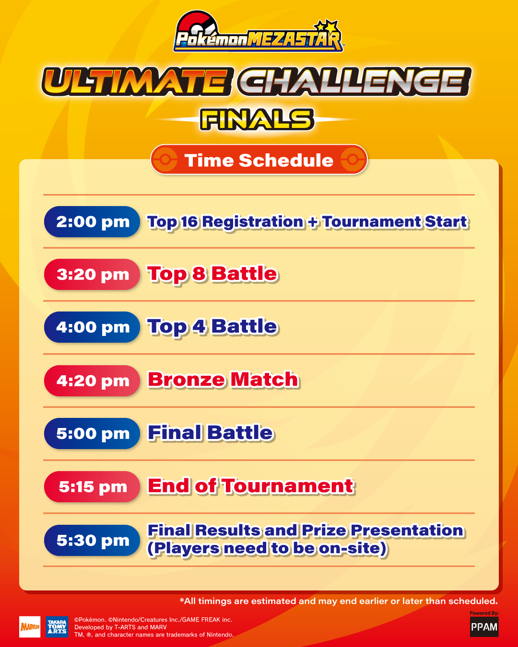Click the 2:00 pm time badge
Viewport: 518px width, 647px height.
point(92,222)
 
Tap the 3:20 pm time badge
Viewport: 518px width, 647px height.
point(92,275)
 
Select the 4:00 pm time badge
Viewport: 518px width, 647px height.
point(92,327)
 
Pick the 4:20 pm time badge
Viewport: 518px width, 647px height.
point(92,381)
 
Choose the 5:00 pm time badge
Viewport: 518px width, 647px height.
point(92,434)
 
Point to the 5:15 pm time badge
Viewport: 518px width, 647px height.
point(92,487)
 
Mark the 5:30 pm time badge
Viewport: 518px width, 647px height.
point(92,541)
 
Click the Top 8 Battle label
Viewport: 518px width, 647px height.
point(212,274)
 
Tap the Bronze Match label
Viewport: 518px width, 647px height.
point(223,380)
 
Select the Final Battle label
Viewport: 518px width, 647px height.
point(210,433)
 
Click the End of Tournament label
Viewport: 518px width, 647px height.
point(251,486)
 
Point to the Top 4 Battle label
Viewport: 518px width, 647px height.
point(212,327)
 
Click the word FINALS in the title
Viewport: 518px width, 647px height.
point(258,120)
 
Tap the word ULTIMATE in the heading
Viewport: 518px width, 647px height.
point(135,81)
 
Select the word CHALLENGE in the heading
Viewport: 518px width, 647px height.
point(354,81)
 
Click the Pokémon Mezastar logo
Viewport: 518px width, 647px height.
point(258,33)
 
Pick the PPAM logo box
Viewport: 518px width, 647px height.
point(484,627)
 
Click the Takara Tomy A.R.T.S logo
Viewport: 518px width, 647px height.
point(57,627)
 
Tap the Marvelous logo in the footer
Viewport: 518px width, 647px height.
point(30,627)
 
